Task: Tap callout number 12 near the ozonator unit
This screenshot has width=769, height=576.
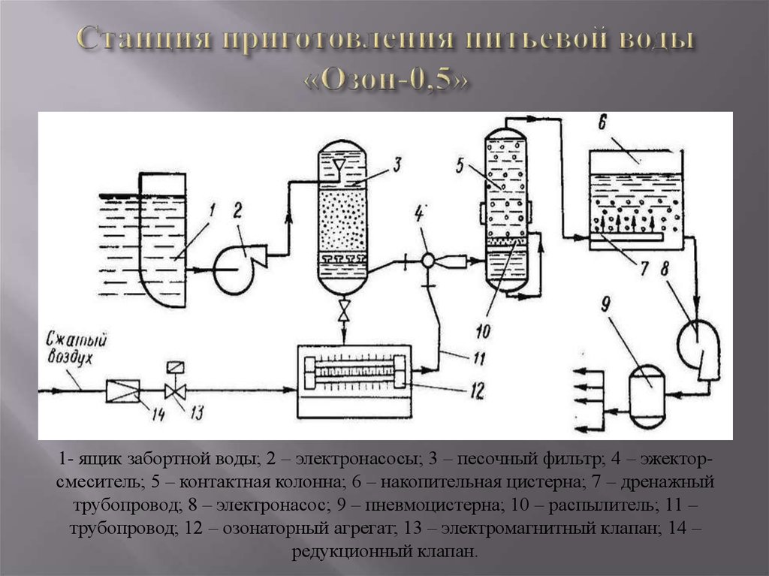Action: [478, 389]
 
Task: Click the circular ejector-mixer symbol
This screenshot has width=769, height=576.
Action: [427, 261]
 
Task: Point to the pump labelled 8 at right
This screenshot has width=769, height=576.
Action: [698, 345]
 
